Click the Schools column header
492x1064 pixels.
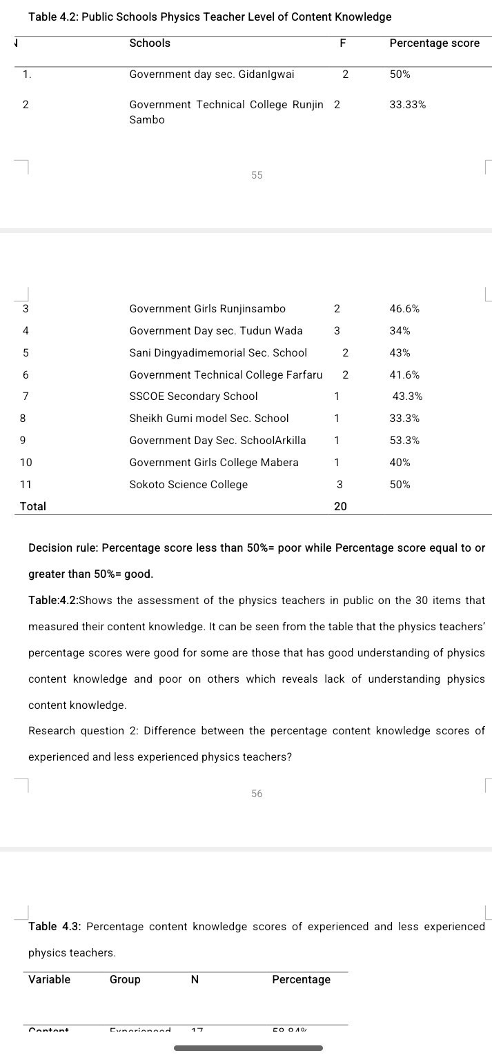[x=150, y=43]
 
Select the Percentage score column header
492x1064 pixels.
[x=434, y=43]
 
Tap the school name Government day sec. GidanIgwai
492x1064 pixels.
[x=211, y=74]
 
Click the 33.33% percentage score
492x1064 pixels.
[x=407, y=105]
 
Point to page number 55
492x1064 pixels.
[x=257, y=175]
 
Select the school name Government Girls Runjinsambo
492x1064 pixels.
[x=207, y=309]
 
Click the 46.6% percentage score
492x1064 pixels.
[x=404, y=309]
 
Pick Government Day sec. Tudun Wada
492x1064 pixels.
[x=215, y=331]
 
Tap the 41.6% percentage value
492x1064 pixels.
[x=404, y=375]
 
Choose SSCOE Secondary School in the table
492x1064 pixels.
[x=193, y=397]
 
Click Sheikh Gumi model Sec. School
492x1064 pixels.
[x=209, y=419]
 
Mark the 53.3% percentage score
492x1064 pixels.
[x=404, y=441]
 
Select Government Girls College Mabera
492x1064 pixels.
[x=214, y=463]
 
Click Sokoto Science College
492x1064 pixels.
[x=188, y=485]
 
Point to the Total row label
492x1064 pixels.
[x=33, y=506]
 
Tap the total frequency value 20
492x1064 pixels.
[x=340, y=506]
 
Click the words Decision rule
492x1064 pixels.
[x=63, y=548]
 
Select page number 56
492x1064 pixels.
[x=257, y=794]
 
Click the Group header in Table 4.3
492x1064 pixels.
[x=125, y=980]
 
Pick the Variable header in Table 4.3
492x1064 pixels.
[x=49, y=980]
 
